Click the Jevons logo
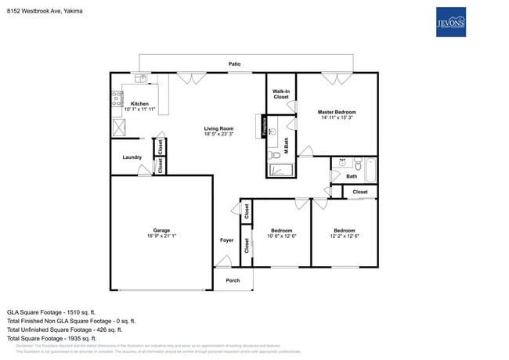(450, 22)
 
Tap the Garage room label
(161, 231)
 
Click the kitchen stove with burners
(117, 99)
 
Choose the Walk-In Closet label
(281, 94)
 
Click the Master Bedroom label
(338, 112)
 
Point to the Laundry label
(132, 157)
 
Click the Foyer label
(226, 240)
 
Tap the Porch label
(233, 280)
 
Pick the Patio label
(234, 63)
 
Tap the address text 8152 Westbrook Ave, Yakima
(44, 12)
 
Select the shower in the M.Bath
(280, 170)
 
